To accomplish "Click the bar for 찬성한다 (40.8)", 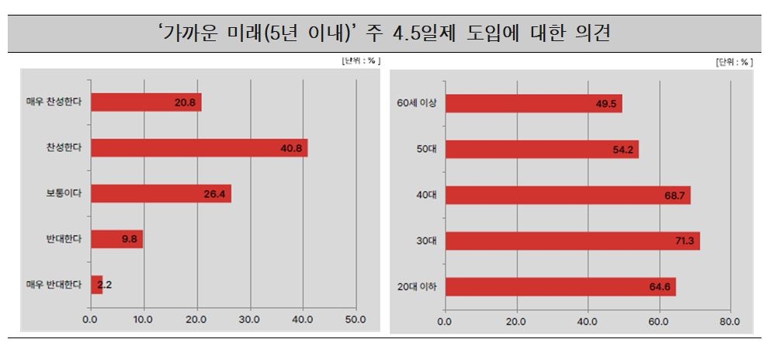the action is [199, 148].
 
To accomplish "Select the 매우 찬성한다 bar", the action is [146, 102].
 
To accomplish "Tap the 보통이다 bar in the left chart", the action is [161, 194].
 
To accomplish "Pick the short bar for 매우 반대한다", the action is [96, 285].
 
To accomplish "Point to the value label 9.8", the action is [130, 239].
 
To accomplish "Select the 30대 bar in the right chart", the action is [573, 241].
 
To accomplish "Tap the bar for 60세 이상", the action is [534, 103].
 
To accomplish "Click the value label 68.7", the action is [675, 196].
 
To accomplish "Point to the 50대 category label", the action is [427, 149].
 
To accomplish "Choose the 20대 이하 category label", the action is [417, 287].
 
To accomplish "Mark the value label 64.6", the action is [660, 287].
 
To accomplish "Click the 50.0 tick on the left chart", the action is [356, 320].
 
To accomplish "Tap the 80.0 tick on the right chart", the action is [729, 321].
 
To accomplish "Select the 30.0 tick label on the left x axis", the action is [249, 320].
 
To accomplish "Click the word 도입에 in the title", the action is [498, 33].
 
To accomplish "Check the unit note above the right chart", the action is [734, 62].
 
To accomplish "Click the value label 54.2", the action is [623, 150].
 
